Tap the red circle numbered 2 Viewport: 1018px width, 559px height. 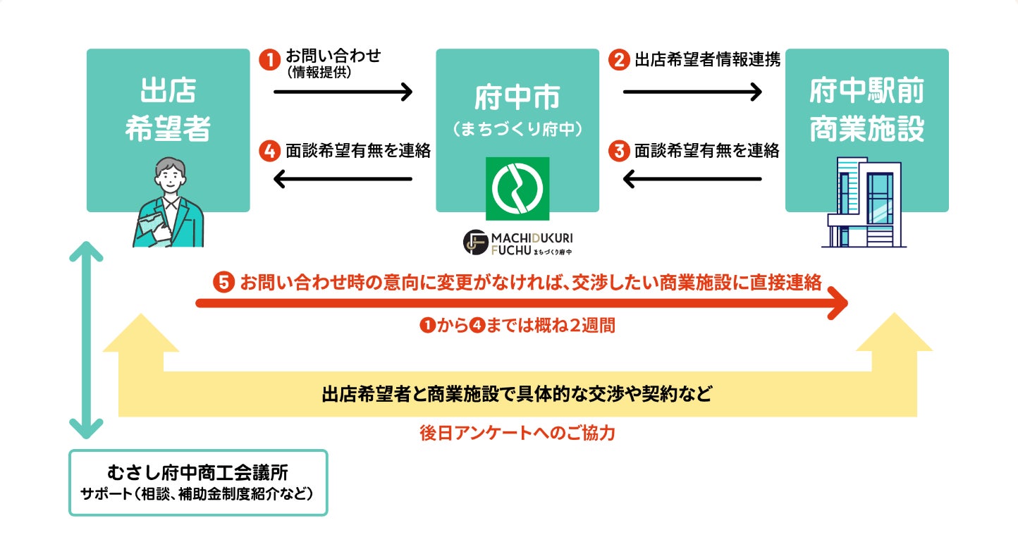coord(619,60)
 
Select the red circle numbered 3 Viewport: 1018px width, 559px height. coord(619,150)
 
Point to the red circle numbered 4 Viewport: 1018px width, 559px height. coord(270,150)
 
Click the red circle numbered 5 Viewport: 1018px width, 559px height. coord(223,283)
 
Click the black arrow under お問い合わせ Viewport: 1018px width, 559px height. coord(343,92)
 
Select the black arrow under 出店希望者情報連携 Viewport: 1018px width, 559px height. coord(692,92)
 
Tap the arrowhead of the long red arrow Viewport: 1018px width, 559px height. coord(838,303)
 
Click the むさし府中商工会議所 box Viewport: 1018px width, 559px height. coord(198,483)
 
